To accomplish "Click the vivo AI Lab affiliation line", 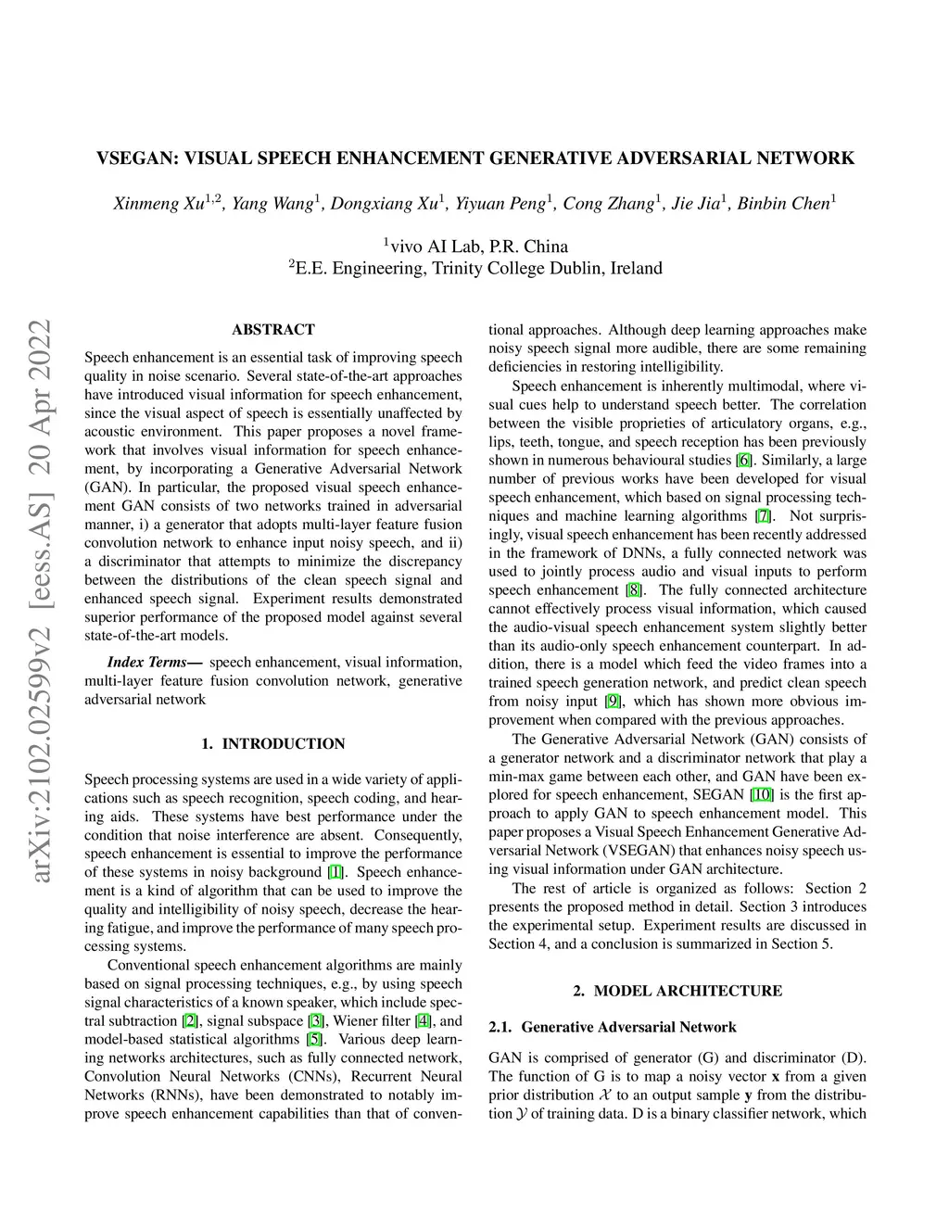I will [x=475, y=246].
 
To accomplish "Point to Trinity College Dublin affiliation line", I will [x=475, y=269].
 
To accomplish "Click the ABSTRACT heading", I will [x=273, y=329].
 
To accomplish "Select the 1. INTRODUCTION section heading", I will [x=273, y=743].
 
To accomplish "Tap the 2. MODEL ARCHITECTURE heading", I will [x=677, y=991].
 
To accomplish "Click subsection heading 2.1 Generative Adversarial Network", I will [x=613, y=1027].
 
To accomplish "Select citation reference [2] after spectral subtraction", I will [x=190, y=1020].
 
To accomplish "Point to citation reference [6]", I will [x=743, y=460].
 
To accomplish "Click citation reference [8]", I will [x=633, y=589].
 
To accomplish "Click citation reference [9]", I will [x=613, y=701].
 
